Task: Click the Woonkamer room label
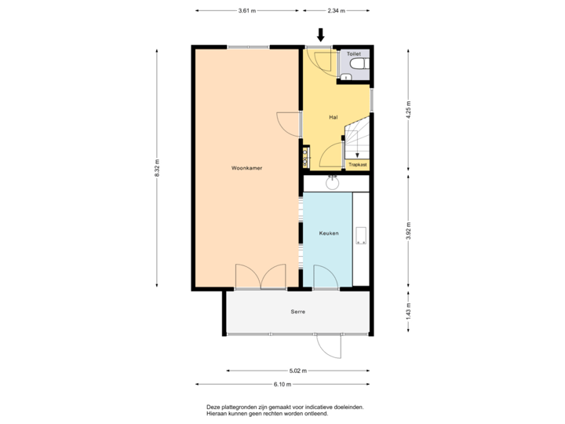pyautogui.click(x=246, y=168)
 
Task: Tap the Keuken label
pyautogui.click(x=328, y=234)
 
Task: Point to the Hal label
pyautogui.click(x=334, y=117)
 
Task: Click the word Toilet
pyautogui.click(x=354, y=53)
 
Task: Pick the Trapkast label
pyautogui.click(x=358, y=165)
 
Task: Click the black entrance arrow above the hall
pyautogui.click(x=320, y=35)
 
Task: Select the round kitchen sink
pyautogui.click(x=333, y=185)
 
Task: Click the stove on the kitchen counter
pyautogui.click(x=361, y=236)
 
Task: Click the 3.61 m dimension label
pyautogui.click(x=246, y=11)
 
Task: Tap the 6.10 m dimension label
pyautogui.click(x=282, y=385)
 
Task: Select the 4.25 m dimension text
pyautogui.click(x=408, y=108)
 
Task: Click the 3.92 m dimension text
pyautogui.click(x=408, y=232)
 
